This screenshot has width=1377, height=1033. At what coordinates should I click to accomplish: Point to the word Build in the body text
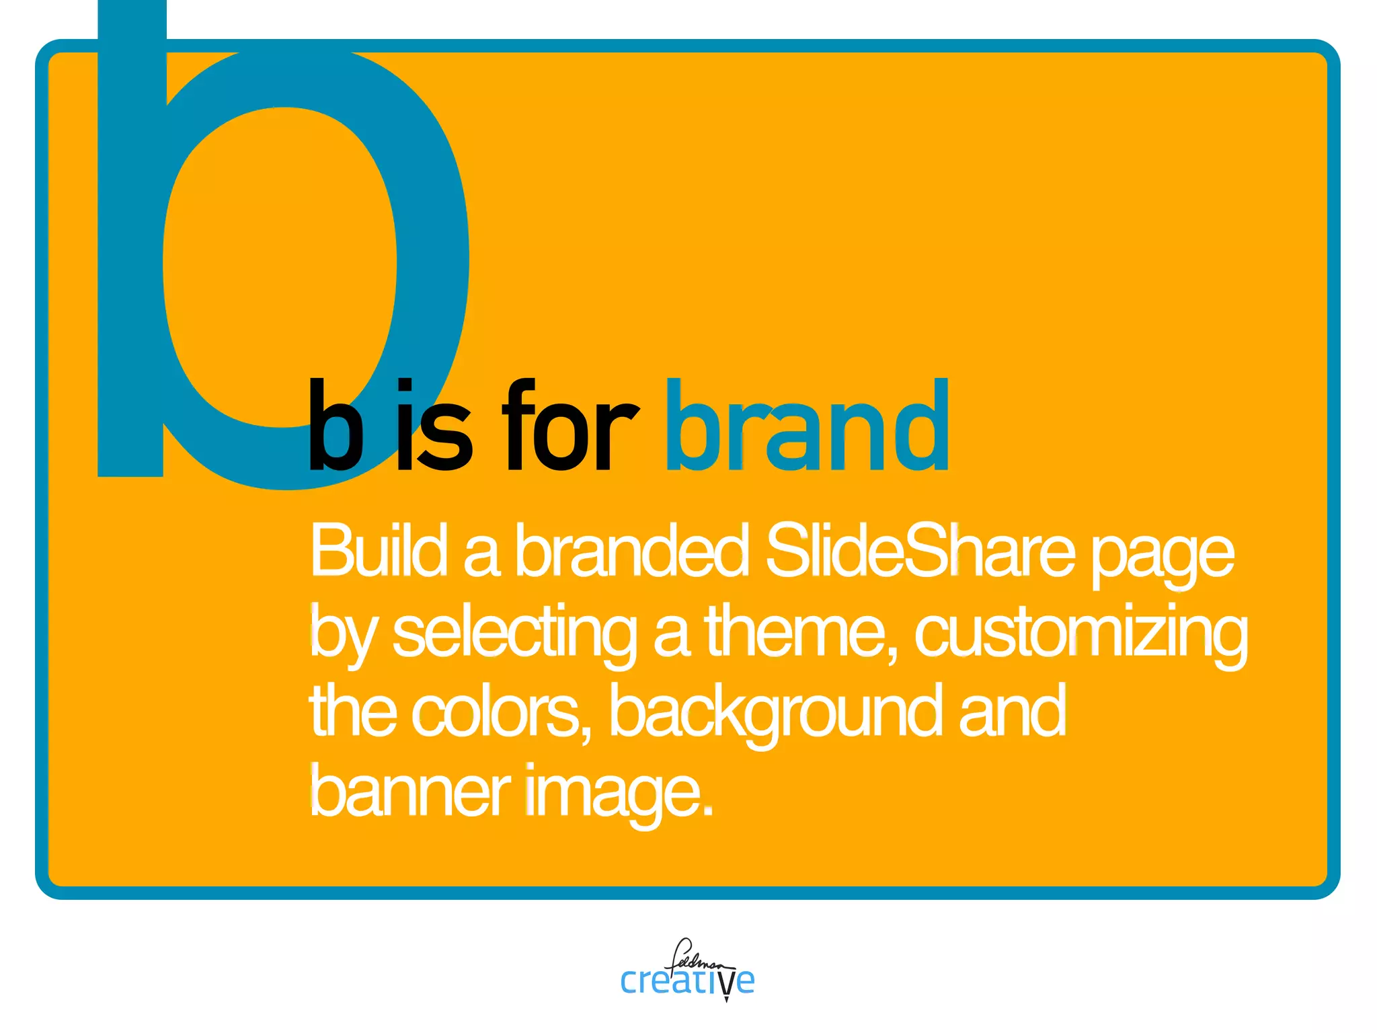tap(379, 551)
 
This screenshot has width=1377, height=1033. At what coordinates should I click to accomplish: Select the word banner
tap(409, 792)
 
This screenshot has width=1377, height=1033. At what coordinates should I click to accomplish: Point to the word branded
tap(631, 551)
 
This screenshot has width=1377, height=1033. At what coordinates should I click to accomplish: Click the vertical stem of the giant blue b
tap(131, 256)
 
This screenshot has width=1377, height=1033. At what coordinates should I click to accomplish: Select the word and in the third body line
tap(1012, 712)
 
